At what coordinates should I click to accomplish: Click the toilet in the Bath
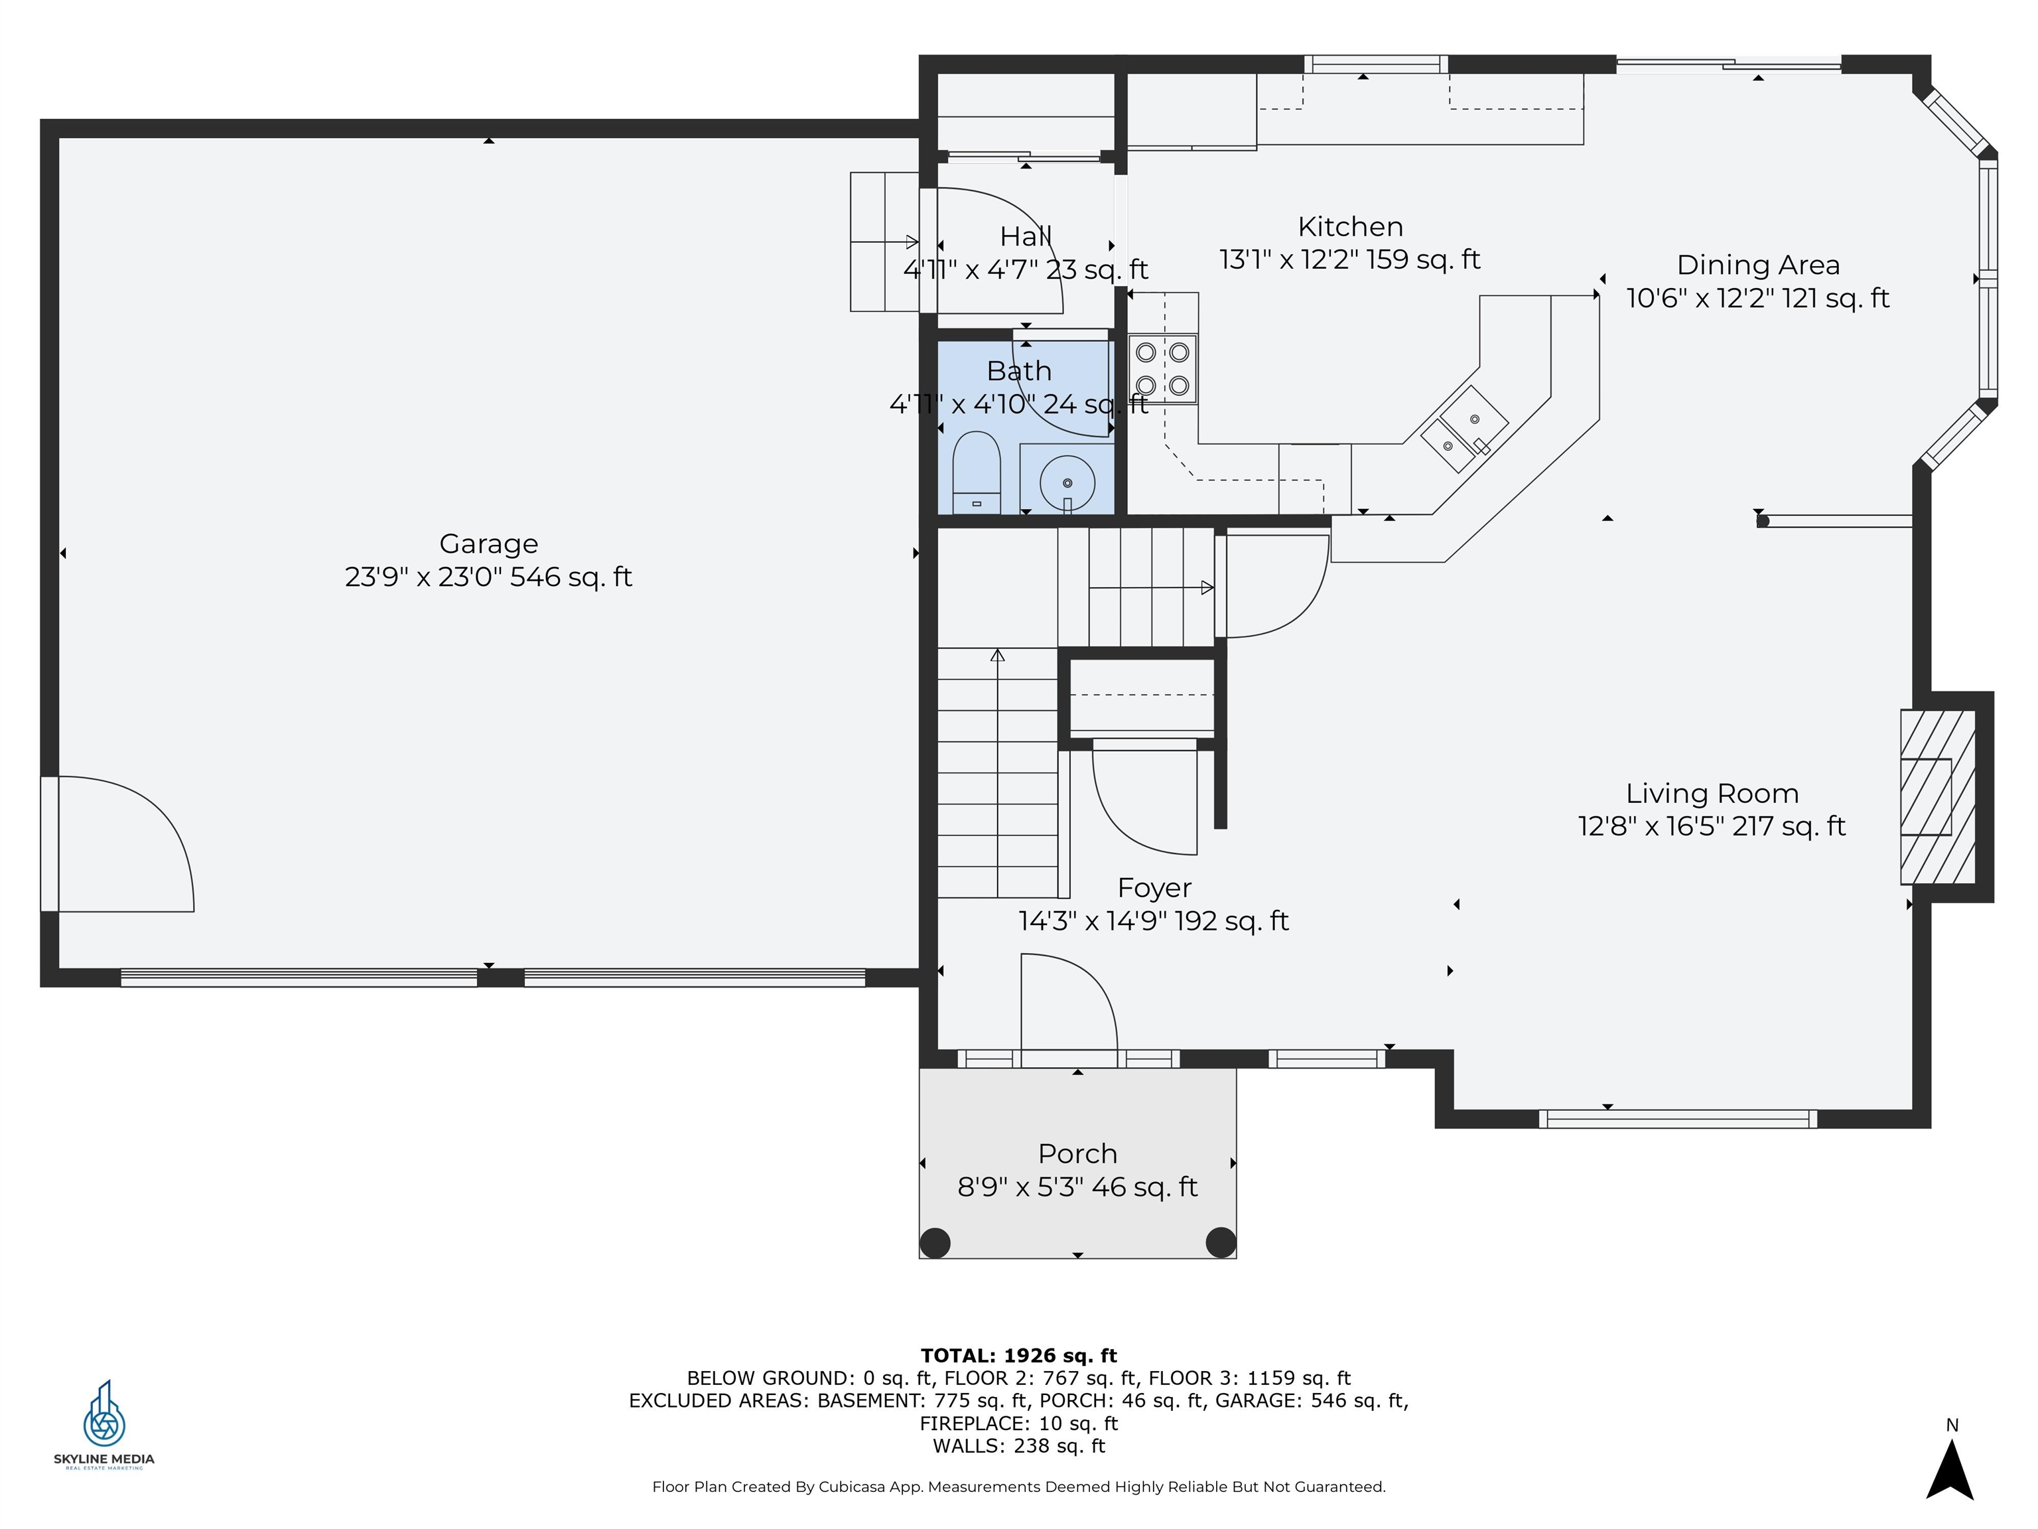[x=976, y=472]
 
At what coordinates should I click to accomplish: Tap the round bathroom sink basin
[x=1067, y=483]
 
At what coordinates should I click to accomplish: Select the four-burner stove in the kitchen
[x=1163, y=369]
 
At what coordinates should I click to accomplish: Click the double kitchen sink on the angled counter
[x=1465, y=429]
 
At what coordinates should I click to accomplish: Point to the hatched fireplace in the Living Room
[x=1938, y=797]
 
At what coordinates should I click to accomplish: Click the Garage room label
[x=488, y=544]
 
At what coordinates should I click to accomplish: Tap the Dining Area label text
[x=1758, y=265]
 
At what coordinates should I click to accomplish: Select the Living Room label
[x=1712, y=794]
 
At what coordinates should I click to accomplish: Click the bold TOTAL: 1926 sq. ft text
[x=1018, y=1356]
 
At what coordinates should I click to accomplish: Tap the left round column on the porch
[x=935, y=1242]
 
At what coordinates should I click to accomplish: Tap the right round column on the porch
[x=1221, y=1242]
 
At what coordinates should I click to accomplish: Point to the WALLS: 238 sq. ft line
[x=1018, y=1445]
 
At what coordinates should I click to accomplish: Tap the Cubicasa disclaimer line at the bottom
[x=1018, y=1487]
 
